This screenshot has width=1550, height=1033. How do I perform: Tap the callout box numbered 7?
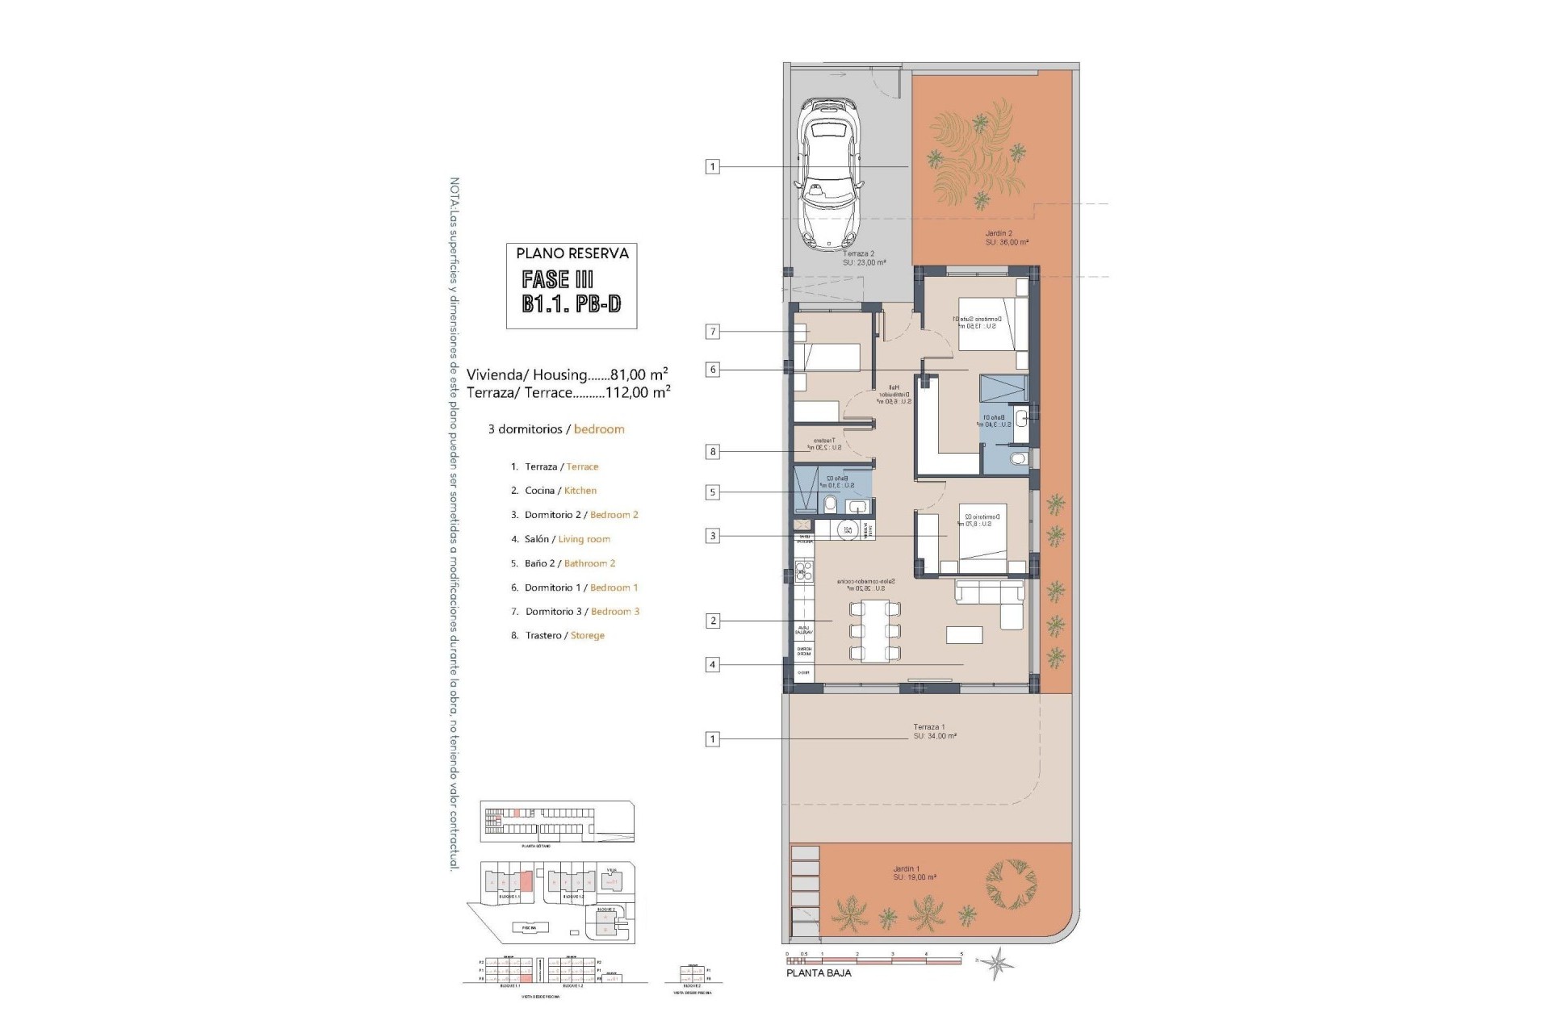(712, 332)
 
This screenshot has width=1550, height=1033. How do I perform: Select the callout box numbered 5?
(712, 492)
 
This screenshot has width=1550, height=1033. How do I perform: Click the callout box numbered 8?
(712, 452)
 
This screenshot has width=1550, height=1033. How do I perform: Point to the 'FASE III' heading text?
(557, 280)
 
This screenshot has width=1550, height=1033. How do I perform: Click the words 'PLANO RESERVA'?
(572, 253)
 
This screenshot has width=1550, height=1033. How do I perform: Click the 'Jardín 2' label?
(998, 234)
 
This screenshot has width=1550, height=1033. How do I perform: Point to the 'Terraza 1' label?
(928, 727)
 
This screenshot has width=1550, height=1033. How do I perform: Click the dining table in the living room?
(870, 630)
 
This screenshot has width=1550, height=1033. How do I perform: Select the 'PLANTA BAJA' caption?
(818, 973)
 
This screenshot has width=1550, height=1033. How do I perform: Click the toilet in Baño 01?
(1019, 459)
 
